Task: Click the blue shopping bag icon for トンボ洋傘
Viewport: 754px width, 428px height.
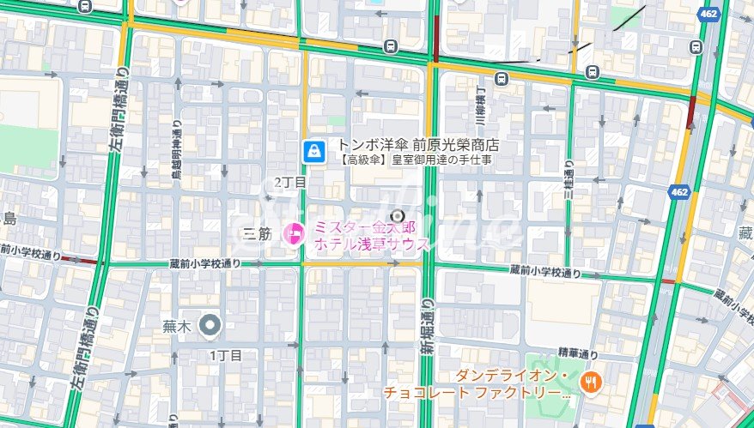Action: (313, 152)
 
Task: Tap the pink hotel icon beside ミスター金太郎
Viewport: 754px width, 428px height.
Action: (295, 231)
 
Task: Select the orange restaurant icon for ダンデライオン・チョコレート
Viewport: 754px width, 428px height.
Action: (589, 383)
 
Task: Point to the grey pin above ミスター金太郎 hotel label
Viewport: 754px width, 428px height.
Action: (398, 215)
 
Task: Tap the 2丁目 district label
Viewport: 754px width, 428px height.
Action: (289, 183)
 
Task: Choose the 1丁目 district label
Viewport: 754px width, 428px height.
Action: (226, 354)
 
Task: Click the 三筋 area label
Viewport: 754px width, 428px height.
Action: (258, 232)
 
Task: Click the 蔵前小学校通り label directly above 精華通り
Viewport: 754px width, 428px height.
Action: (544, 271)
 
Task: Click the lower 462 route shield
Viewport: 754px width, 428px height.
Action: (680, 192)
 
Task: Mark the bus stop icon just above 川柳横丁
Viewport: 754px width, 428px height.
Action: (502, 79)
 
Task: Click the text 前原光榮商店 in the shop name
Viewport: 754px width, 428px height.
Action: (455, 145)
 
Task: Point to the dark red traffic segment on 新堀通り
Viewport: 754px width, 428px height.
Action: (436, 34)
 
